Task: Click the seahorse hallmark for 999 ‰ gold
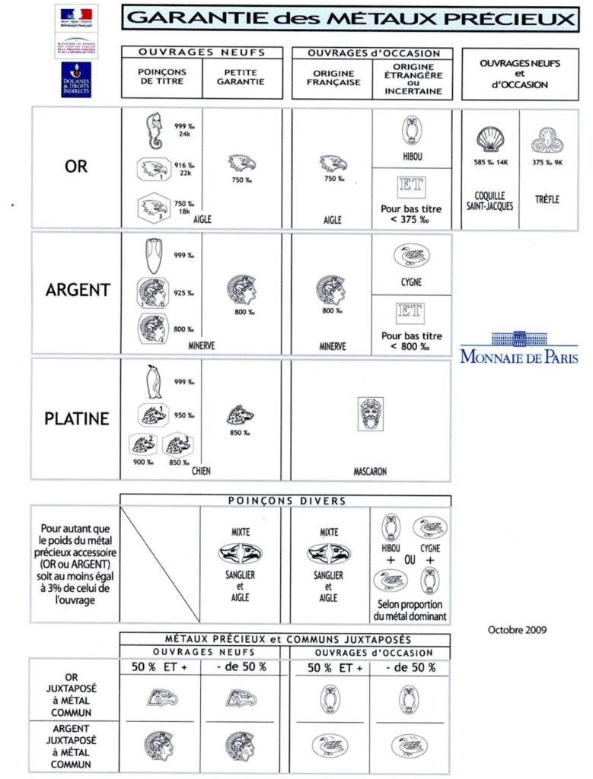155,130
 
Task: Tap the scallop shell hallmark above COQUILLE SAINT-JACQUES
489,139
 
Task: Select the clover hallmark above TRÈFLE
547,140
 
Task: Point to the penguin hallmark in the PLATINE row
154,381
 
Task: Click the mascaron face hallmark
371,413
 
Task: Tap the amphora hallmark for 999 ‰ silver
152,256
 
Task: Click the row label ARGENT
78,290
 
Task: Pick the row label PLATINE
77,418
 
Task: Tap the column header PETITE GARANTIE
241,77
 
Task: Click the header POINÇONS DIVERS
286,501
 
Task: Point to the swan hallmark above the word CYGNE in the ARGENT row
411,256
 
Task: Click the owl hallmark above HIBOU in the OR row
412,131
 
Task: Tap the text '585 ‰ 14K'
490,163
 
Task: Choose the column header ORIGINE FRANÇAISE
333,78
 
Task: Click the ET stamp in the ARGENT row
412,312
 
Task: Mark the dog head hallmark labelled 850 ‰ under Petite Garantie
241,415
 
